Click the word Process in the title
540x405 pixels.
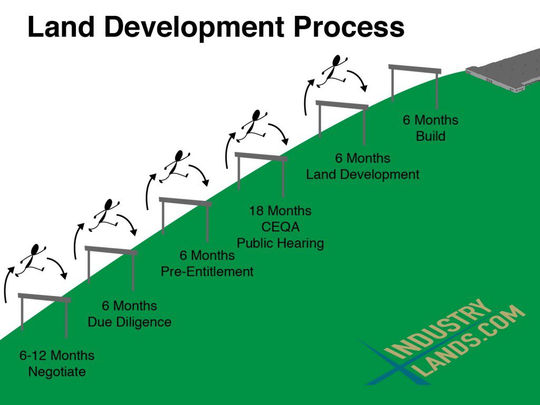[x=349, y=27]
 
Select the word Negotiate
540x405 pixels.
[x=57, y=372]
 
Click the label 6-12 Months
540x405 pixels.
[x=57, y=355]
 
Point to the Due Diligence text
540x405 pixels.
[x=130, y=322]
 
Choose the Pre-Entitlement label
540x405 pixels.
[x=207, y=272]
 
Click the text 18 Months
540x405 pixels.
[x=281, y=210]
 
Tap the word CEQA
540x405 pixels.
[x=281, y=227]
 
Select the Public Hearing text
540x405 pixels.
[x=281, y=243]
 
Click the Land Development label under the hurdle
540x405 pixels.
[x=363, y=174]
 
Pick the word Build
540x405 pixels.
[x=430, y=136]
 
